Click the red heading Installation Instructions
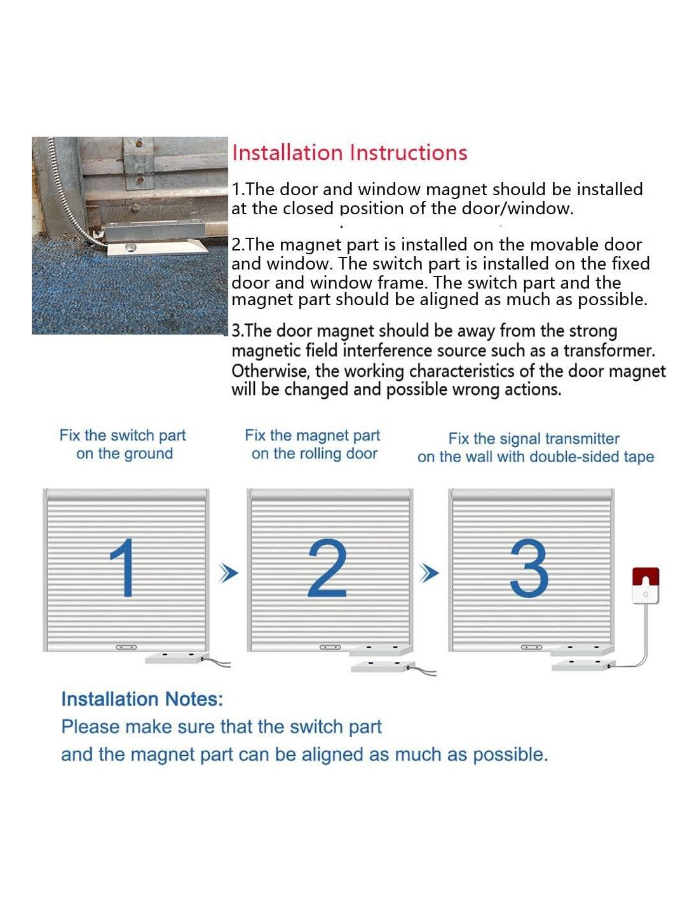349,153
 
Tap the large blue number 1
123,568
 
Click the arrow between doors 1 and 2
228,573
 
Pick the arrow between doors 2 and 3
429,573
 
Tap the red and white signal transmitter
646,586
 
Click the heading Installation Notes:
142,699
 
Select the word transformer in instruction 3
609,351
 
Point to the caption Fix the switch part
123,435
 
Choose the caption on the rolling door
315,453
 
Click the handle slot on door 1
126,647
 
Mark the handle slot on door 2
330,647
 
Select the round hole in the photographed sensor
130,248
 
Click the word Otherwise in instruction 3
270,371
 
